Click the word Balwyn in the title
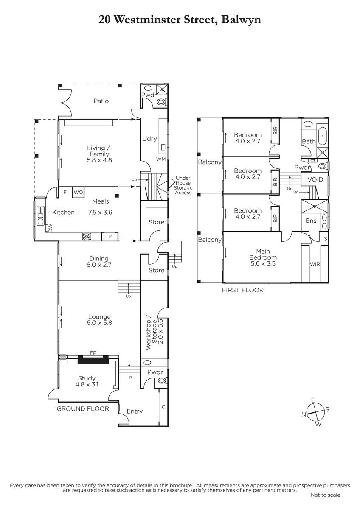point(241,20)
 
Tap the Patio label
point(101,101)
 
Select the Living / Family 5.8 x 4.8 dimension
point(99,160)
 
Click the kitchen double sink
point(40,215)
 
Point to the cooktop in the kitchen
point(87,236)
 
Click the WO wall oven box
point(78,192)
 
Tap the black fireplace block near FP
point(93,360)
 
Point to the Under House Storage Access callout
point(183,185)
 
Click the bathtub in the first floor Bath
point(323,136)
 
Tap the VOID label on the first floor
point(315,179)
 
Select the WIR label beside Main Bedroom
point(315,264)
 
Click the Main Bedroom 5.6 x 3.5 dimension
point(263,263)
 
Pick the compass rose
point(315,411)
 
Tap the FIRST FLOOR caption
point(243,290)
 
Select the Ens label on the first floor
point(311,221)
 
